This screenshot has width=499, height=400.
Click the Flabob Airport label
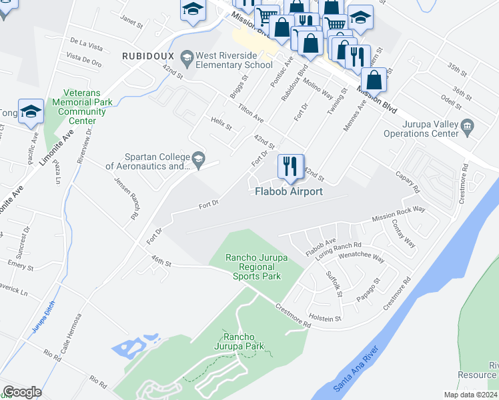(x=289, y=192)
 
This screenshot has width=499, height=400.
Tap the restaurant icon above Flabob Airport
(x=290, y=166)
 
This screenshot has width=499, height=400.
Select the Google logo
(x=23, y=391)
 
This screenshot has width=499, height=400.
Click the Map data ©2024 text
(x=470, y=395)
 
